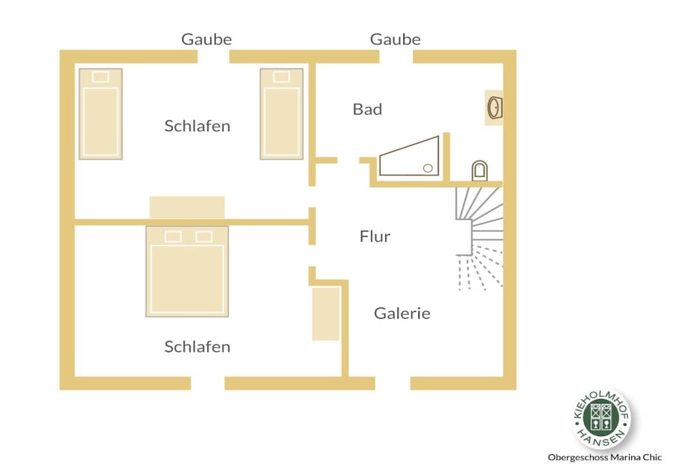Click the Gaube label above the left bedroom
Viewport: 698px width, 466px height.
(x=206, y=39)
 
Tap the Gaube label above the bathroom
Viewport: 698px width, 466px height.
(x=395, y=39)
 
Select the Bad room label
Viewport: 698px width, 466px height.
(x=367, y=109)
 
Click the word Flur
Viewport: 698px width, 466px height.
(x=375, y=236)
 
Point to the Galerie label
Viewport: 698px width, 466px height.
(x=402, y=313)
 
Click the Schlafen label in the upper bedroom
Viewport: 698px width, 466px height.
(x=197, y=126)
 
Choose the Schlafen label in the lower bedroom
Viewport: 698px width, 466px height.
(x=197, y=347)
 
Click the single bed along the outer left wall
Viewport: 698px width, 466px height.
(x=101, y=114)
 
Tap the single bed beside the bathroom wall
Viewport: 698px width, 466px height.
(x=282, y=114)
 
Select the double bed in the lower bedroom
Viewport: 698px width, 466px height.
(x=187, y=272)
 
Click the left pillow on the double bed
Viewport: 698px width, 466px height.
(x=172, y=237)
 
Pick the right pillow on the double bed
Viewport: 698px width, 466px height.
(x=204, y=237)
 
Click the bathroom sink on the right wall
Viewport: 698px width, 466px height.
(x=495, y=108)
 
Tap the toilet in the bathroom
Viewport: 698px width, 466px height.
(x=479, y=171)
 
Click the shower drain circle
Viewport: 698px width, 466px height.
(x=428, y=168)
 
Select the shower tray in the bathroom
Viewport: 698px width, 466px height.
(x=409, y=157)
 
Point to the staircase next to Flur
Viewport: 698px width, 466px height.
(x=479, y=238)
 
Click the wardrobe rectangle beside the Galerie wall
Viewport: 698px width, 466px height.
(x=326, y=314)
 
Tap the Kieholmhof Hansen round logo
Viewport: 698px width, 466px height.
(x=601, y=418)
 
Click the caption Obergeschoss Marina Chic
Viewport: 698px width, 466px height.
(x=605, y=457)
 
